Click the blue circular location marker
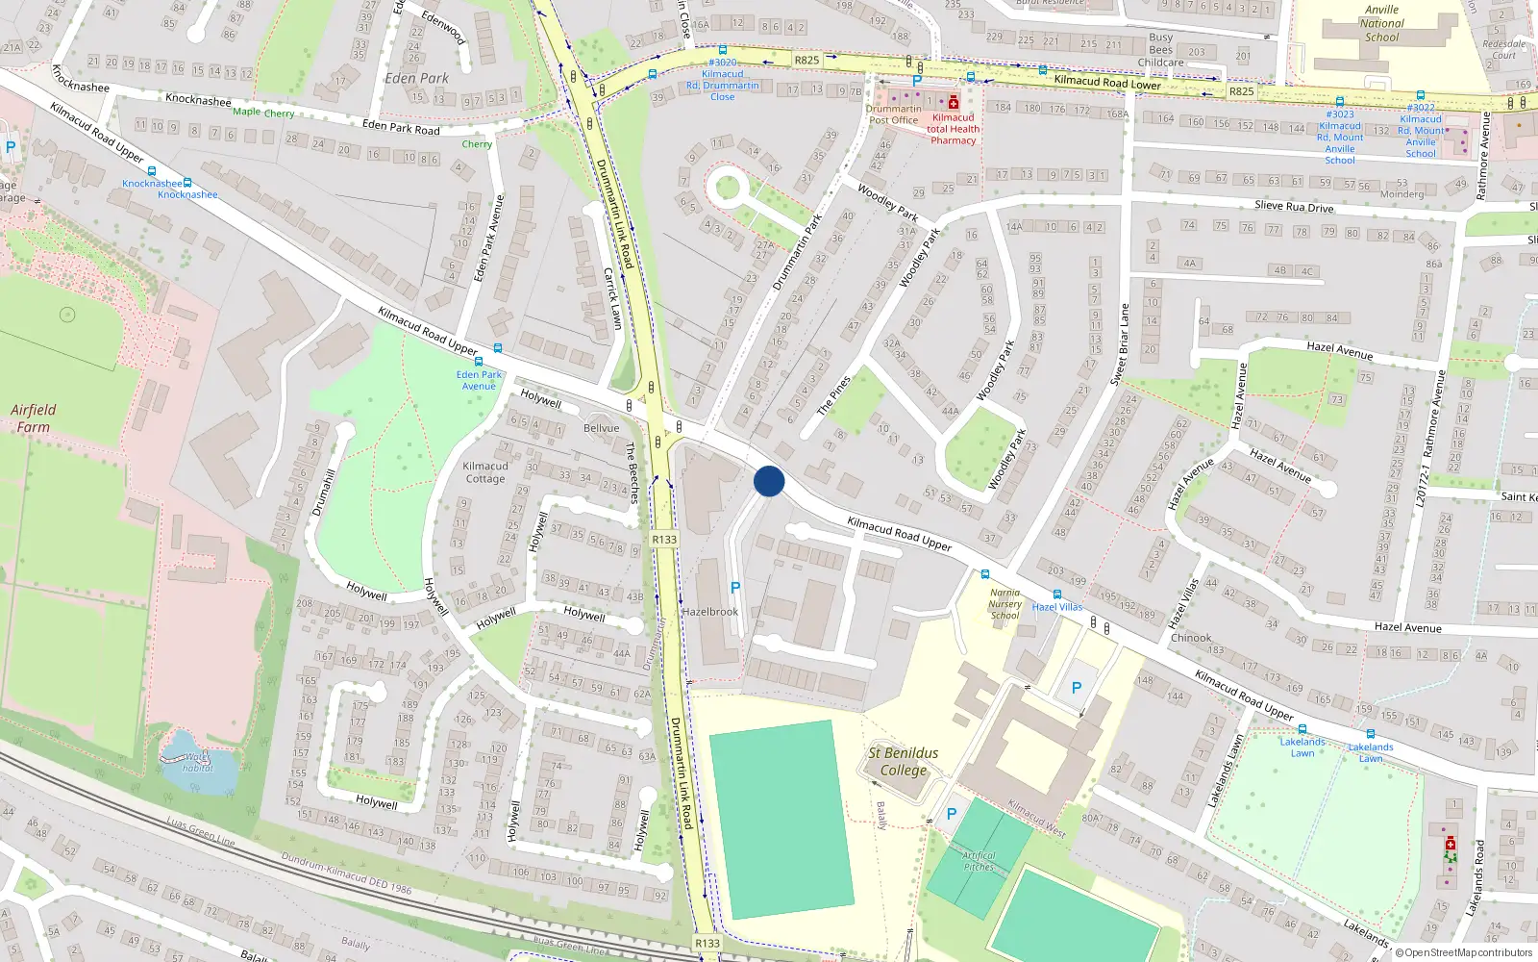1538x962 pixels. (769, 481)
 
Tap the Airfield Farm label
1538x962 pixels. (34, 418)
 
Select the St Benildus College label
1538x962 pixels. (904, 761)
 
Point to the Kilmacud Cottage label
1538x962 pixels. (485, 472)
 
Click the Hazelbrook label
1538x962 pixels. (709, 612)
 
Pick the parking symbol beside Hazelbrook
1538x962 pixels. (735, 588)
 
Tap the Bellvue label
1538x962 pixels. (602, 428)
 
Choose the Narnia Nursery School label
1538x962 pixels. (1005, 604)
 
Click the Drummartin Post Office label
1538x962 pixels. (894, 114)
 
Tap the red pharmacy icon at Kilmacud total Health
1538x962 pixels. (954, 103)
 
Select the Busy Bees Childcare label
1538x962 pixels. (1161, 50)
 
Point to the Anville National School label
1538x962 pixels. (1382, 24)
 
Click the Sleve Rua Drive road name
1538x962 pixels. (1294, 206)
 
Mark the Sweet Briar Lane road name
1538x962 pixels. (1122, 344)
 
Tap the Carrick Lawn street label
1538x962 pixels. (612, 298)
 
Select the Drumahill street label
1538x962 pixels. (324, 492)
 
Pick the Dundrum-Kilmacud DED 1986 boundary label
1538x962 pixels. (346, 873)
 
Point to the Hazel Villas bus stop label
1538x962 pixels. (1057, 607)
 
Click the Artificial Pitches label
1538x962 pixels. (980, 861)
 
